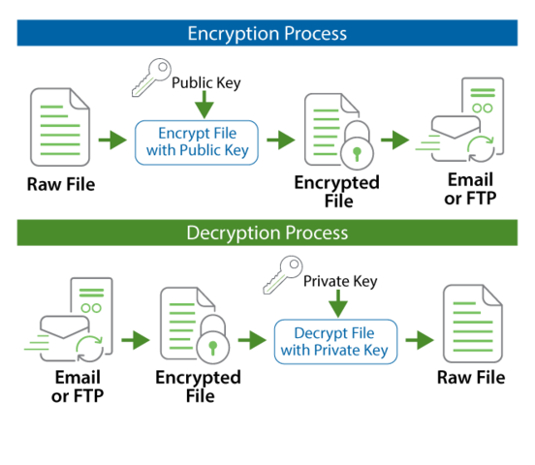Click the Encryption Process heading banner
[x=267, y=33]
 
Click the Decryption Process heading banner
[x=267, y=233]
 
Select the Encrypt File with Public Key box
[x=197, y=141]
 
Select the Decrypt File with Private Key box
[x=332, y=342]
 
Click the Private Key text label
[x=339, y=282]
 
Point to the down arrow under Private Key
[x=339, y=306]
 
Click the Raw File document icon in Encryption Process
[x=60, y=128]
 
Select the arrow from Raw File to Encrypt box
[x=112, y=141]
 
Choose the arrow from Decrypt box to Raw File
[x=418, y=341]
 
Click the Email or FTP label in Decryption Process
[x=78, y=387]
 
